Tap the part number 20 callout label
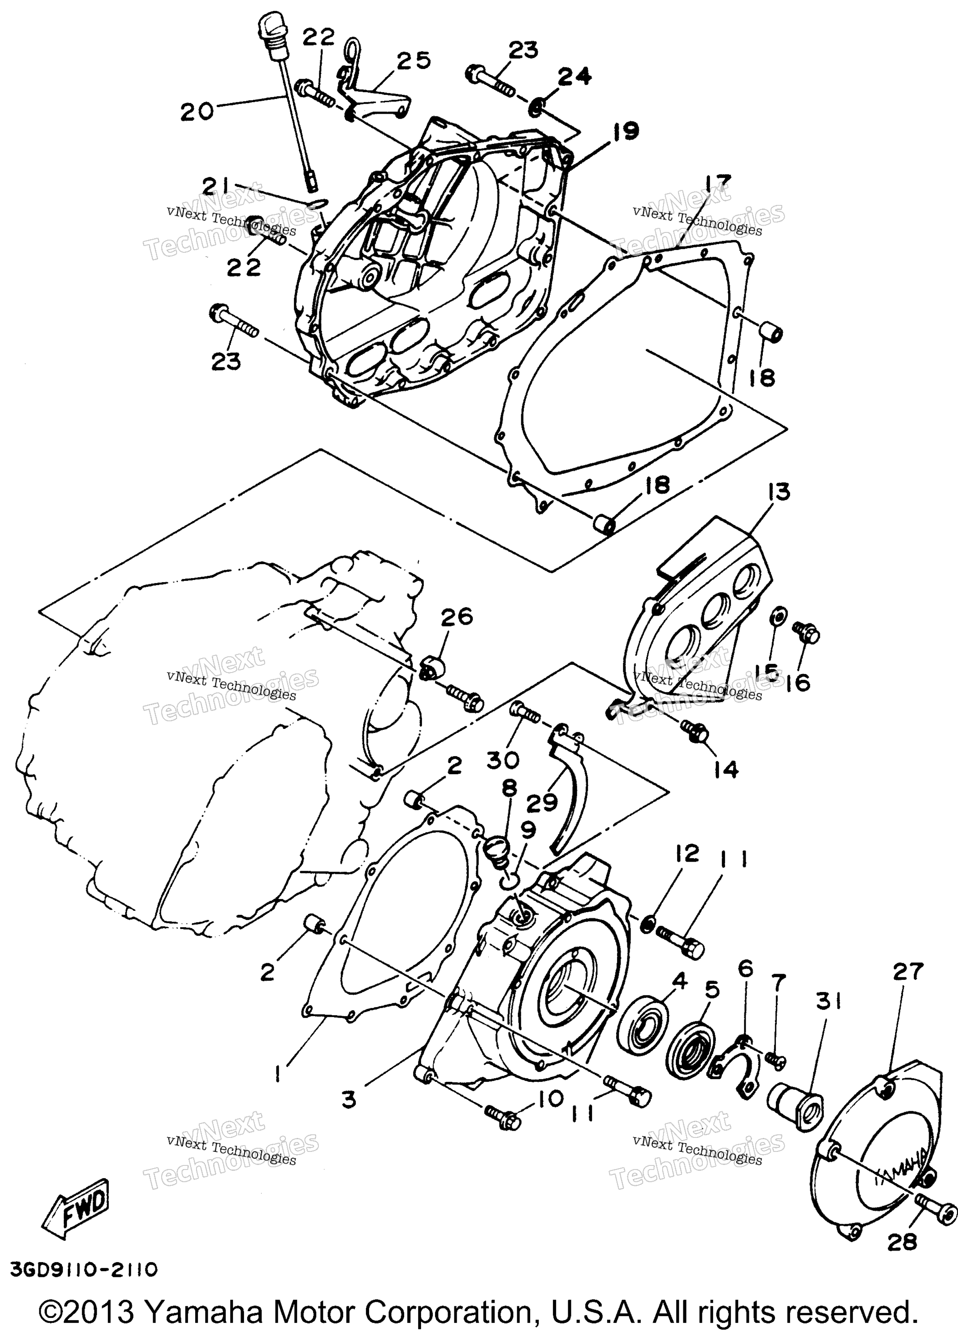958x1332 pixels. tap(196, 111)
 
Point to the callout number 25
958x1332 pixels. tap(414, 60)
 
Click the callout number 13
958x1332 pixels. tap(778, 492)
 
